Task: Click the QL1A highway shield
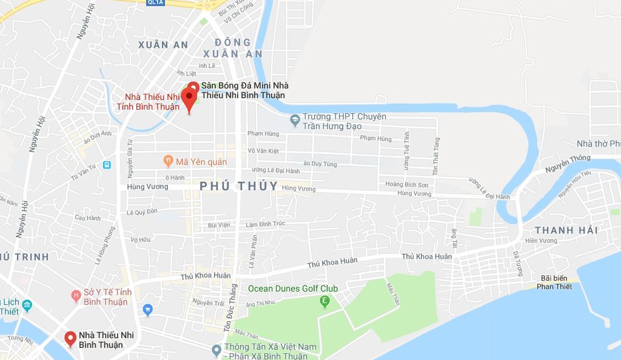pyautogui.click(x=155, y=2)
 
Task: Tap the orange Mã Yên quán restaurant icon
pyautogui.click(x=169, y=161)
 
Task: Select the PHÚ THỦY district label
pyautogui.click(x=239, y=186)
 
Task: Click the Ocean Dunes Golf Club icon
pyautogui.click(x=326, y=300)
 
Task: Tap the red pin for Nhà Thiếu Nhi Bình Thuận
pyautogui.click(x=70, y=338)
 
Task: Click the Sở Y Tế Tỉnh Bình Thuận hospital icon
pyautogui.click(x=76, y=296)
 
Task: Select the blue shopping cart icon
pyautogui.click(x=147, y=310)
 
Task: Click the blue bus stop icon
pyautogui.click(x=107, y=165)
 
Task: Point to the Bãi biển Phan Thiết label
pyautogui.click(x=554, y=282)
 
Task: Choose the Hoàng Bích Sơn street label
pyautogui.click(x=406, y=184)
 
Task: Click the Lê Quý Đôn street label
pyautogui.click(x=142, y=212)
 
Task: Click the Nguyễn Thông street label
pyautogui.click(x=566, y=159)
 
